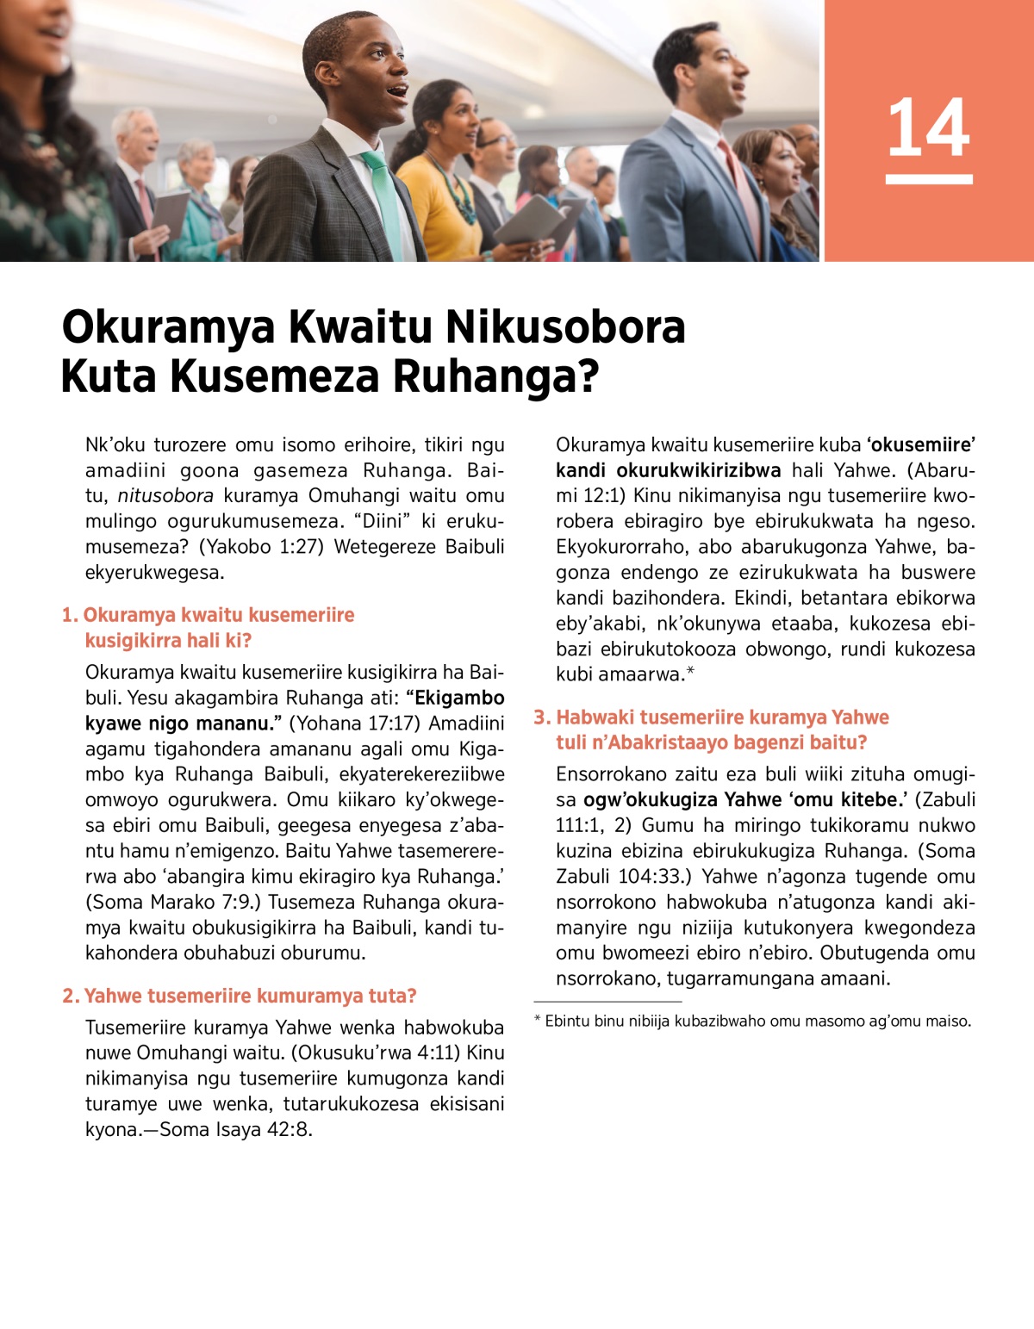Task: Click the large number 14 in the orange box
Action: pyautogui.click(x=928, y=127)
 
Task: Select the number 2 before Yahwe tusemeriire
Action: pyautogui.click(x=69, y=997)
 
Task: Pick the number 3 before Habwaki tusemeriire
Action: pyautogui.click(x=540, y=717)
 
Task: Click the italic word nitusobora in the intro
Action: pyautogui.click(x=165, y=496)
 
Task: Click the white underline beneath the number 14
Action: pyautogui.click(x=928, y=179)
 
